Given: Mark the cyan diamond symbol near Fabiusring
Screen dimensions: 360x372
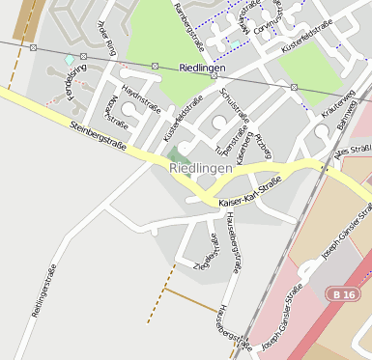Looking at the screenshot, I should (69, 60).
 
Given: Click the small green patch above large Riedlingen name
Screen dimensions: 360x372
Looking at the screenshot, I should (178, 153).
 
